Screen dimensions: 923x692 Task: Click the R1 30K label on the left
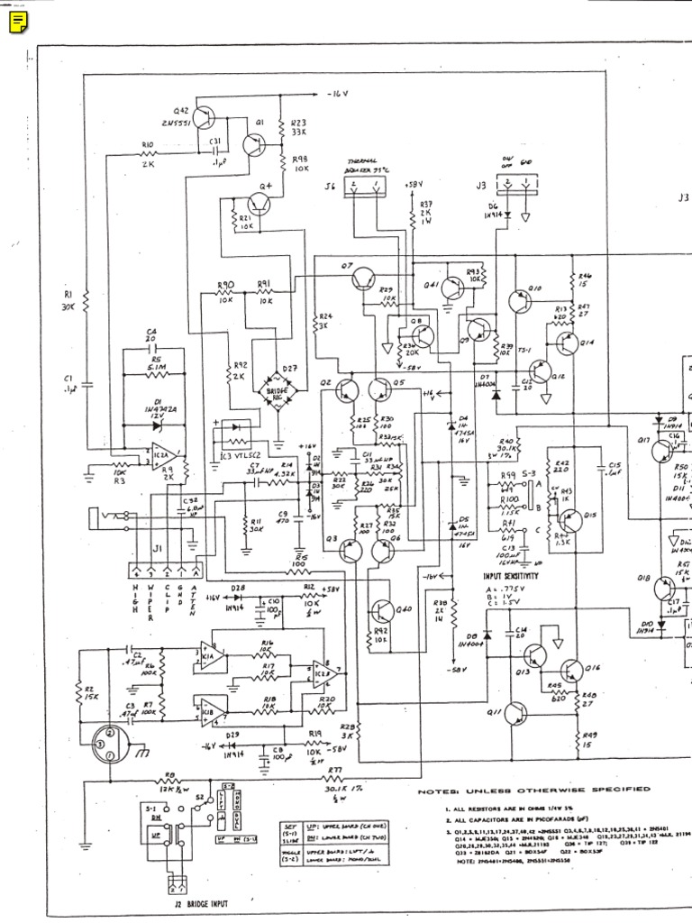point(68,299)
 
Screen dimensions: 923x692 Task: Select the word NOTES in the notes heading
point(440,790)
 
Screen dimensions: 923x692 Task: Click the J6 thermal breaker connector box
point(365,187)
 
